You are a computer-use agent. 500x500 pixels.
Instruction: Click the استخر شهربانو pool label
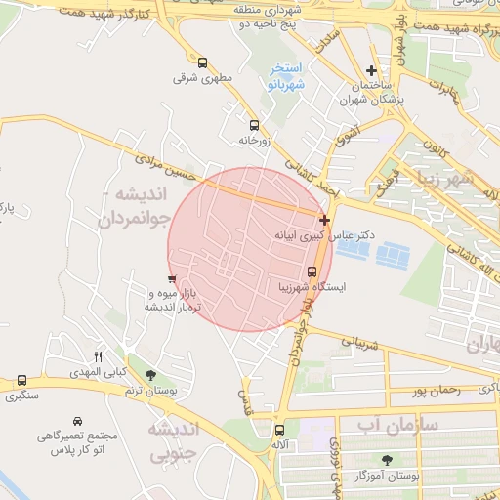click(286, 76)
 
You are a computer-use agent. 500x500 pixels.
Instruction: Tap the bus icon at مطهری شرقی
click(202, 62)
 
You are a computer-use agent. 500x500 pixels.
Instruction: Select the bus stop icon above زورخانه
click(254, 125)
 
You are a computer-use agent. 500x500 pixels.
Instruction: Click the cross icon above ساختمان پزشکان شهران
click(371, 70)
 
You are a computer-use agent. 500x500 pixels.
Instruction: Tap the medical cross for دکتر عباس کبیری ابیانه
click(324, 221)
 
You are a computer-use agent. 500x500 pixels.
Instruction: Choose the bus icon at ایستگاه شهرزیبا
click(312, 271)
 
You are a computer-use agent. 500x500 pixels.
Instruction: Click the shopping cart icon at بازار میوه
click(172, 280)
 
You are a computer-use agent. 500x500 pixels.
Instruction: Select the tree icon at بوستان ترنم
click(149, 375)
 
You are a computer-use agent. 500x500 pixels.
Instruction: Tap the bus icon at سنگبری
click(21, 380)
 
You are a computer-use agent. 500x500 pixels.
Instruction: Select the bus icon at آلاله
click(280, 429)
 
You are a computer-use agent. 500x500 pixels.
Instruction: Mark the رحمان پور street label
click(435, 391)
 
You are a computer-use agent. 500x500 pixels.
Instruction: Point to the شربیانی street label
click(356, 343)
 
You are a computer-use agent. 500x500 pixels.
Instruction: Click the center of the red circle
click(249, 249)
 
